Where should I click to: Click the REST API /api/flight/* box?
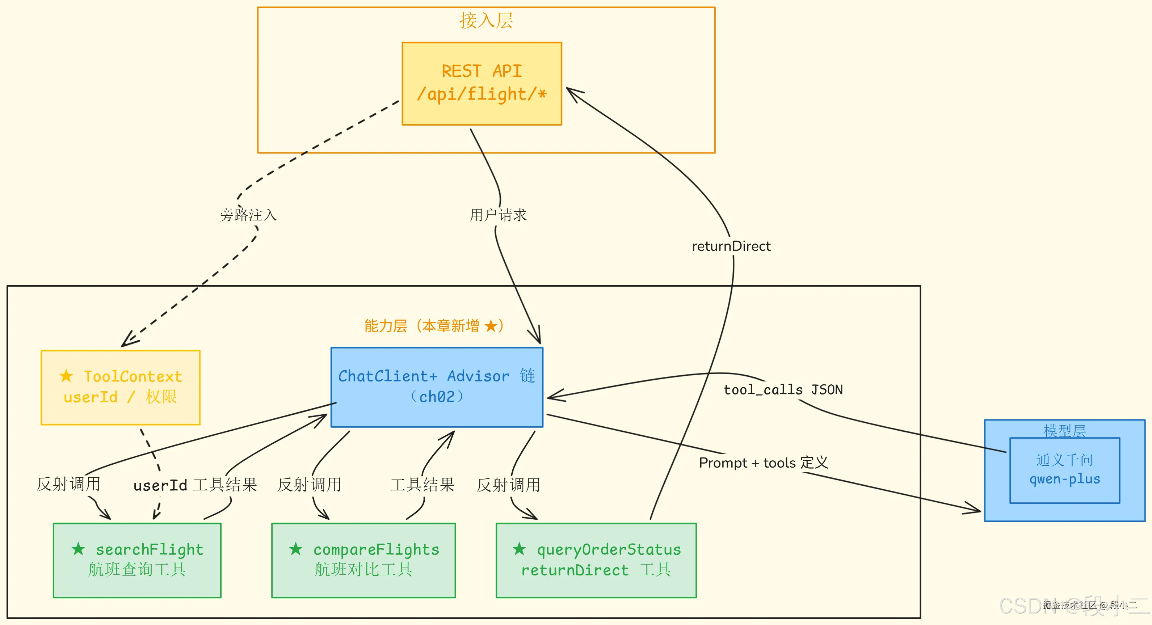[x=482, y=84]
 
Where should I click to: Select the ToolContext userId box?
[x=120, y=387]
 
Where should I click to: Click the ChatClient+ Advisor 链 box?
[x=437, y=387]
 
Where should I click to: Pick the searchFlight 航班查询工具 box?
[x=137, y=560]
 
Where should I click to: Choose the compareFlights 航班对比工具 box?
[x=363, y=560]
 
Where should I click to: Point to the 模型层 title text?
[x=1064, y=431]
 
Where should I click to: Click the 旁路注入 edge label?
[x=248, y=215]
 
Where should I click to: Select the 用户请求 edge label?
[x=498, y=215]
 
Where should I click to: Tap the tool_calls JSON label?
[x=783, y=390]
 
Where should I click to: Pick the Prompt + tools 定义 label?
[x=763, y=463]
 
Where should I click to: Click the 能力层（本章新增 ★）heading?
[x=434, y=326]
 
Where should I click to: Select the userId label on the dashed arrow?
[x=160, y=485]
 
